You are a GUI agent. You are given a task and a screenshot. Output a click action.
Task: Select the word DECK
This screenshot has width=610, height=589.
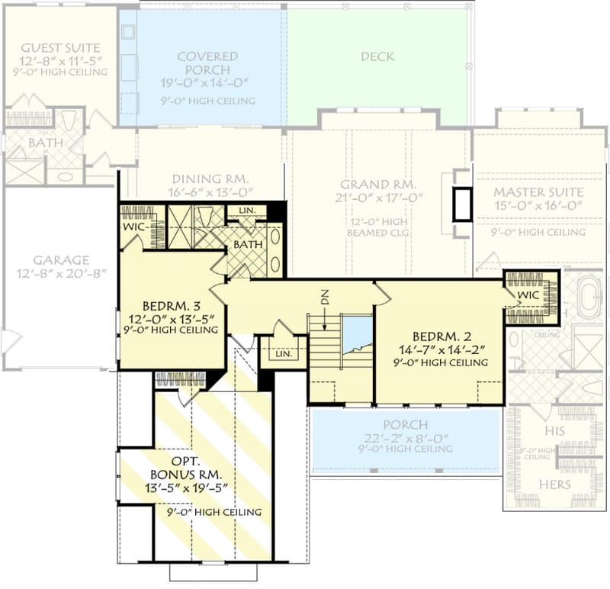point(377,56)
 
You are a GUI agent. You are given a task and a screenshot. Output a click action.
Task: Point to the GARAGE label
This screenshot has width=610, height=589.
point(60,259)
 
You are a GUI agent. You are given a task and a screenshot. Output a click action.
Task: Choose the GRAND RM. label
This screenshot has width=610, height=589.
point(377,185)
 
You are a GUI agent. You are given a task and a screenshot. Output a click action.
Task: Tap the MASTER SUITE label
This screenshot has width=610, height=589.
point(538,192)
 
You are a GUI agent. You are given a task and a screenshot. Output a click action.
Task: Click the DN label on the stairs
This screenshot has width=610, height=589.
point(324,299)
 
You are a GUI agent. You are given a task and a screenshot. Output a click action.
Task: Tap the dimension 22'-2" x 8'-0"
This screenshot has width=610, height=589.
point(406,437)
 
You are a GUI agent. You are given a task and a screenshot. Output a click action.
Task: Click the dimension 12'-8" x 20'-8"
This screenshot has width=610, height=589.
point(60,272)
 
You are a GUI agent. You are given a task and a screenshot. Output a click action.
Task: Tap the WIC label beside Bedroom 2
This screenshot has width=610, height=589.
point(528,294)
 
